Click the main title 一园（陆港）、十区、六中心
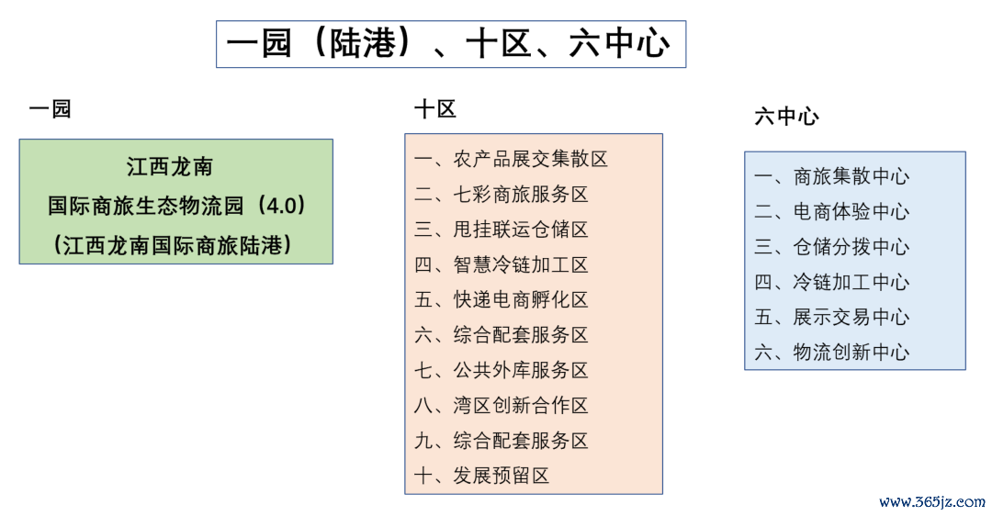[x=448, y=44]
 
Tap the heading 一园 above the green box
[x=50, y=108]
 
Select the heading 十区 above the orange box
[x=435, y=108]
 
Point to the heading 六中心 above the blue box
[x=786, y=117]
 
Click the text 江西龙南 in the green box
[x=170, y=167]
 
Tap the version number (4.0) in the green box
[x=282, y=205]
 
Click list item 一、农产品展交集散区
[x=512, y=159]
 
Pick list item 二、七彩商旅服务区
[x=502, y=194]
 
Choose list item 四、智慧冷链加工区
[x=502, y=264]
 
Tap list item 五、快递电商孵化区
[x=502, y=299]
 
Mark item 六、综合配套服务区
[x=502, y=334]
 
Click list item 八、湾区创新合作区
[x=502, y=405]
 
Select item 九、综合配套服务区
[x=502, y=440]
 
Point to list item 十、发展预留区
[x=482, y=475]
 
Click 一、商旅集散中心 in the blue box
[x=832, y=176]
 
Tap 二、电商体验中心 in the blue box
[x=832, y=212]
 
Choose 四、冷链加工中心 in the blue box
[x=832, y=282]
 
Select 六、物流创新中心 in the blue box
[x=832, y=353]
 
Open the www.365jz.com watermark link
[x=932, y=502]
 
